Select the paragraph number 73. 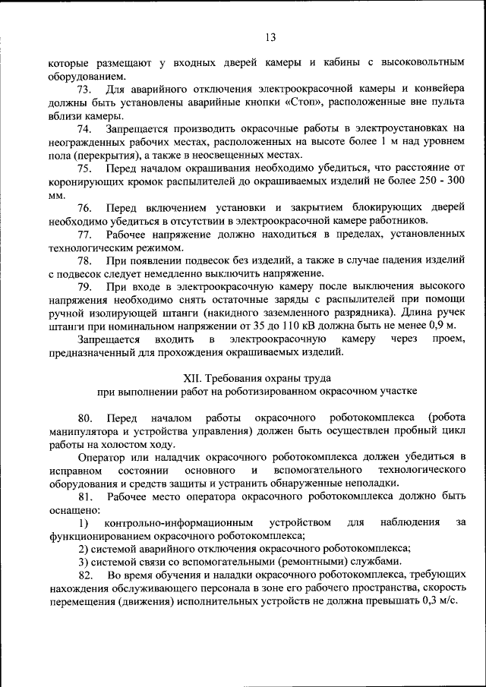pos(86,90)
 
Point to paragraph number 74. pos(86,130)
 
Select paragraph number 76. pos(86,208)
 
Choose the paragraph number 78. pos(86,260)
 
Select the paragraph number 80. pos(86,418)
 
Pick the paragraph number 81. pos(86,496)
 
